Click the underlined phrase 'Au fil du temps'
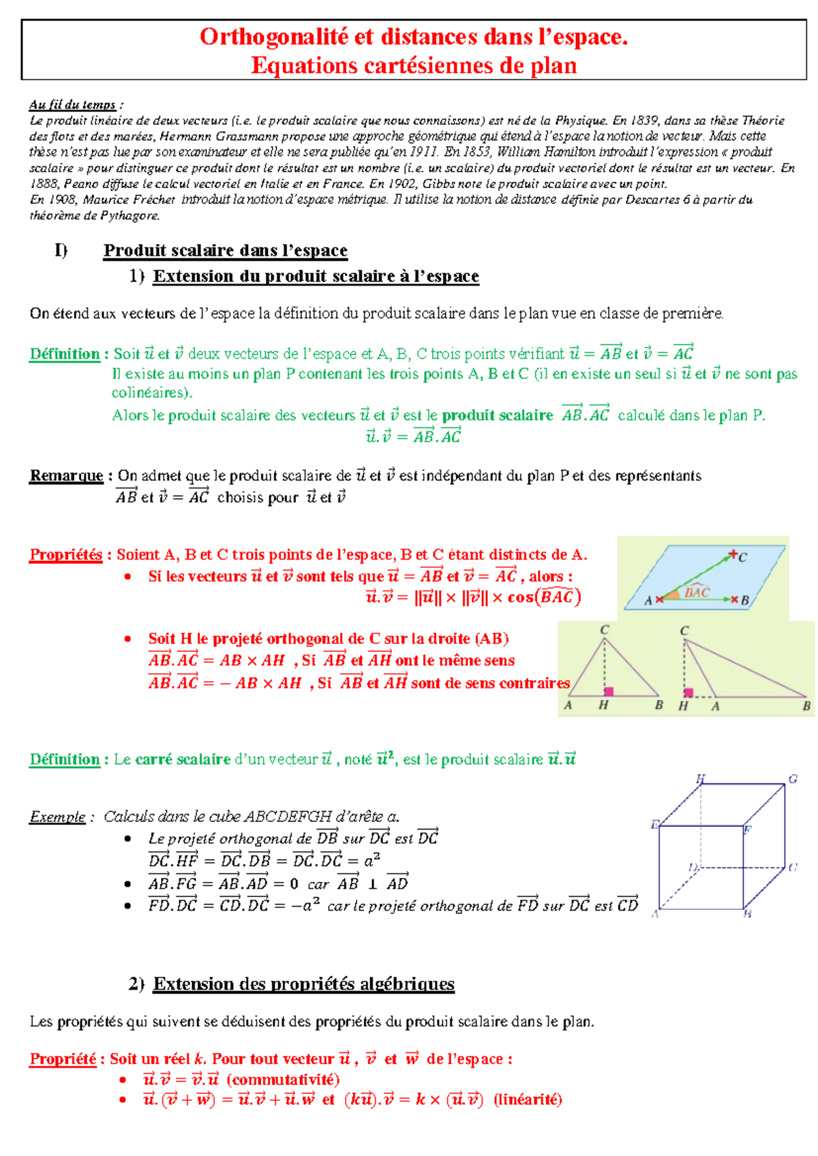click(x=72, y=104)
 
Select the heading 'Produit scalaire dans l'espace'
click(x=225, y=250)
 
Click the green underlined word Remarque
click(x=66, y=475)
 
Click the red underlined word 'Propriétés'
click(x=65, y=554)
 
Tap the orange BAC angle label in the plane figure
click(x=697, y=592)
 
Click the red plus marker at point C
click(x=733, y=553)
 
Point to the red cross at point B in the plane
click(x=734, y=599)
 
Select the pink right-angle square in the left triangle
click(x=609, y=691)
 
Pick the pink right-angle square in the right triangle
click(x=688, y=693)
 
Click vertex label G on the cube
click(x=793, y=778)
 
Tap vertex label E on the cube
click(x=654, y=825)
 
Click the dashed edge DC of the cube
click(x=743, y=868)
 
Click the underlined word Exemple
click(x=57, y=817)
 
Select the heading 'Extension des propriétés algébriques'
click(x=303, y=984)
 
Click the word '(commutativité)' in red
click(x=283, y=1079)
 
